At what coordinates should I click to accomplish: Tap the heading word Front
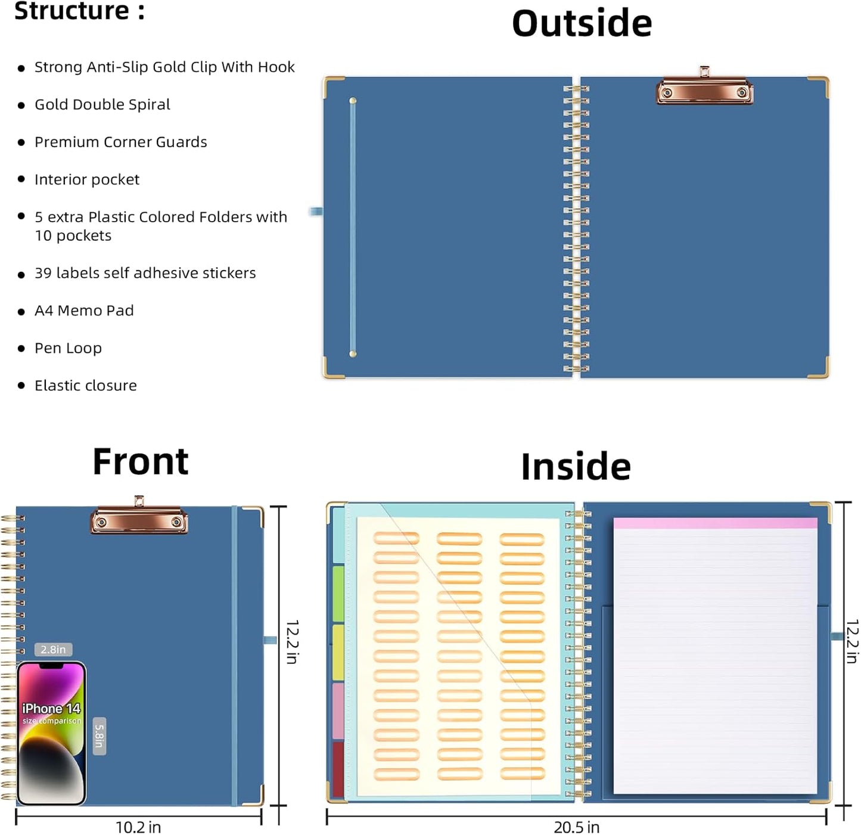coord(140,461)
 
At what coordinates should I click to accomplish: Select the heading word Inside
coord(576,467)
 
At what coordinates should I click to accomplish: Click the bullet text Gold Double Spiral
coord(102,104)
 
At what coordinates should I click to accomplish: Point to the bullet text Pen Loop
coord(68,348)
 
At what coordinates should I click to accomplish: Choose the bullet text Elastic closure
coord(86,386)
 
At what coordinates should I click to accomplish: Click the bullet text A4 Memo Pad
coord(84,311)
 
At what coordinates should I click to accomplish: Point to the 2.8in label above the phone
coord(53,649)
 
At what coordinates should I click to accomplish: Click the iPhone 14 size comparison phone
coord(51,732)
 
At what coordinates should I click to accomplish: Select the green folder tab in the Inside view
coord(338,594)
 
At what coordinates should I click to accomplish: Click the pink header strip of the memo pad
coord(715,523)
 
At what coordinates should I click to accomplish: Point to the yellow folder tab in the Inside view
coord(338,652)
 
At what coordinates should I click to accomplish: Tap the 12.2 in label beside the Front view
coord(293,642)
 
